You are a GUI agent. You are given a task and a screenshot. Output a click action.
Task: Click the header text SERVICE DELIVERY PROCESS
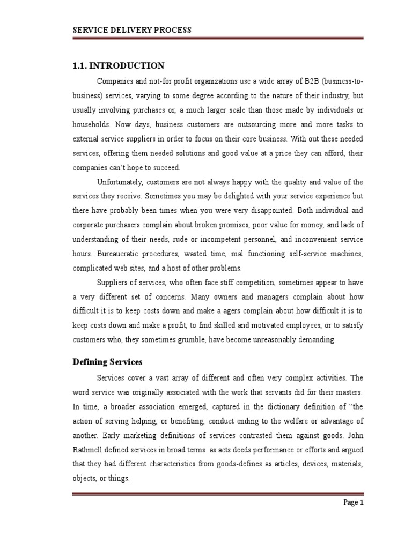pyautogui.click(x=131, y=30)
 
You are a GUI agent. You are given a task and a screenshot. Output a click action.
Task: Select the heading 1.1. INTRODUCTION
pyautogui.click(x=119, y=65)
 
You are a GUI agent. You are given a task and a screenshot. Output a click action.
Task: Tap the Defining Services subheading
pyautogui.click(x=107, y=362)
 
